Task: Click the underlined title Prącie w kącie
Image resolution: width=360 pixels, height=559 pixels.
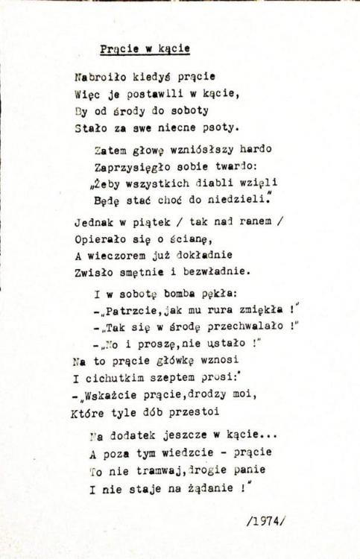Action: (145, 49)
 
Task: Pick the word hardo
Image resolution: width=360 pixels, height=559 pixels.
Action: (256, 149)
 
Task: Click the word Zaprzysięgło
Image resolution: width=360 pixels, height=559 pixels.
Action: (134, 165)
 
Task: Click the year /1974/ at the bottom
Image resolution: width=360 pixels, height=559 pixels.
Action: (265, 523)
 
